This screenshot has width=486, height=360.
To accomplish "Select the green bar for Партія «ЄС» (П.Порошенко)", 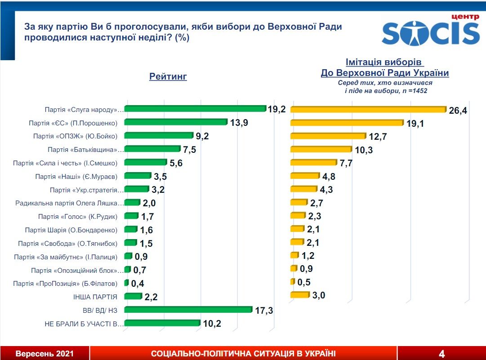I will click(x=175, y=122).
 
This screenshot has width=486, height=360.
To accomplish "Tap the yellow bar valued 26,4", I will click(x=368, y=109).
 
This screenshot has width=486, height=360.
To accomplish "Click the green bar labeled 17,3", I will click(x=187, y=310).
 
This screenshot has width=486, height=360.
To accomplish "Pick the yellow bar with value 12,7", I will click(x=328, y=136).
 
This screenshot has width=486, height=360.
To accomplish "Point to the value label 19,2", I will click(x=277, y=109).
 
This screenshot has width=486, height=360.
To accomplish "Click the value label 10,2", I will click(x=211, y=324).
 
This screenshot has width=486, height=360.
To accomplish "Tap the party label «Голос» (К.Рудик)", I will click(x=78, y=217).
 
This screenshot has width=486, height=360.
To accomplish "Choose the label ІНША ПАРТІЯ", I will click(x=95, y=297).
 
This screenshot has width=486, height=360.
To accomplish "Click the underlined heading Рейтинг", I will click(x=168, y=77).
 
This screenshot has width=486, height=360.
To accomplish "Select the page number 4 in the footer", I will click(x=441, y=353).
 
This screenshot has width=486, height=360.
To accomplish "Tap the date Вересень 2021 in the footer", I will click(x=45, y=354).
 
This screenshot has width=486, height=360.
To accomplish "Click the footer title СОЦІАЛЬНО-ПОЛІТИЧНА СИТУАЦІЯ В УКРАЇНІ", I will click(x=243, y=354).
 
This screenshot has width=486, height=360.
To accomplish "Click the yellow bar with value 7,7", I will click(x=313, y=162).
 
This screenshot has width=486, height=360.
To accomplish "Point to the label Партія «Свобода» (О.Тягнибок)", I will click(x=67, y=244).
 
